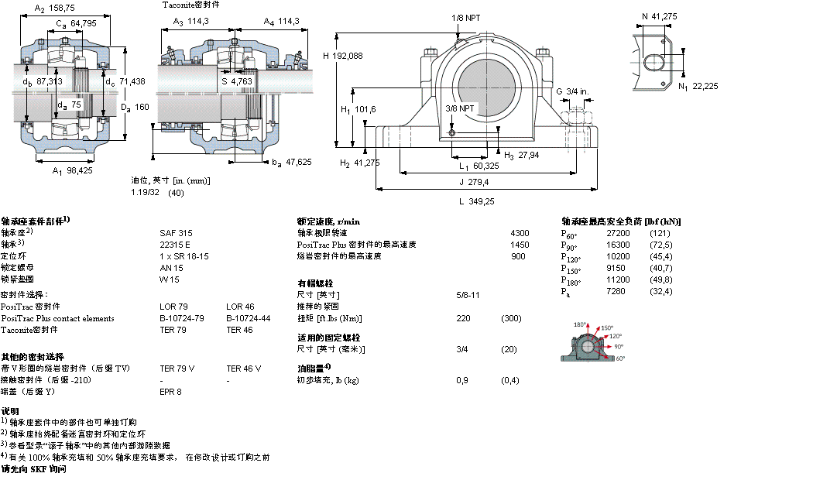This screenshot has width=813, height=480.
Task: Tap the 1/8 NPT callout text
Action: pos(465,17)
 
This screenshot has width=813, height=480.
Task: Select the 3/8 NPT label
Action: pos(460,108)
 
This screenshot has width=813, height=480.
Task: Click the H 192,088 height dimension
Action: pos(342,55)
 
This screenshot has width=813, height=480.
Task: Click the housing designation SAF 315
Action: pos(173,232)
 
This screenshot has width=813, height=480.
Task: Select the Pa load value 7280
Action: pos(617,291)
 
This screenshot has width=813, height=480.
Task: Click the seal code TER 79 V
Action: pos(177,369)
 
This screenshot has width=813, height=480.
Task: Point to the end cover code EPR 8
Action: pos(170,392)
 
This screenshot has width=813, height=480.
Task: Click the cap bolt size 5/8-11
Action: pos(468,295)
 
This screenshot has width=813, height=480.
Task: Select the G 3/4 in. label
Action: pos(572,92)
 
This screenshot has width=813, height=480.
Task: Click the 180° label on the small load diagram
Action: pos(580,325)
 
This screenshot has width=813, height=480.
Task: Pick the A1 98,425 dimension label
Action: pos(72,170)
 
